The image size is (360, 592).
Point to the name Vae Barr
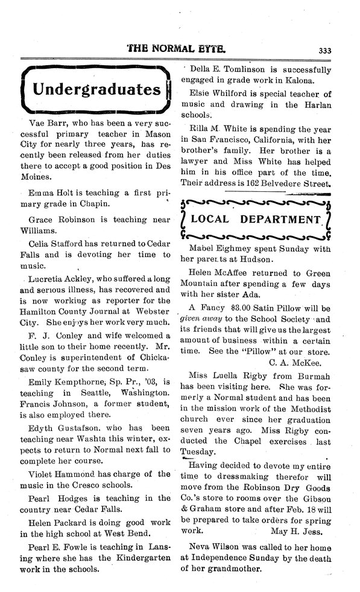[42, 122]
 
